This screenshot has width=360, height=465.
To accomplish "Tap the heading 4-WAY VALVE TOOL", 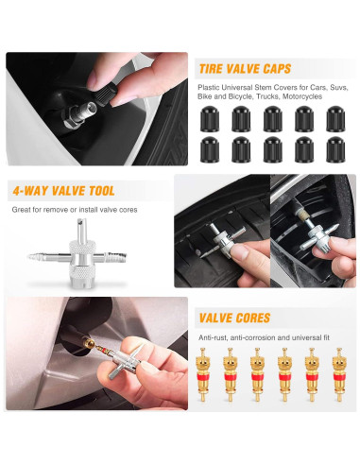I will (63, 190).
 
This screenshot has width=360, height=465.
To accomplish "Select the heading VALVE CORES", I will (232, 318).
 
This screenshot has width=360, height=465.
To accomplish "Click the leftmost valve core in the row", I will (202, 370).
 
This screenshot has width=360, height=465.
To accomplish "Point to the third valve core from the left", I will (256, 370).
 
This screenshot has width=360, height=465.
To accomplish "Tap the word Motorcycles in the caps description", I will (302, 96).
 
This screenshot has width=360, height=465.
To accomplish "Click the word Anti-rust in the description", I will (213, 336).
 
